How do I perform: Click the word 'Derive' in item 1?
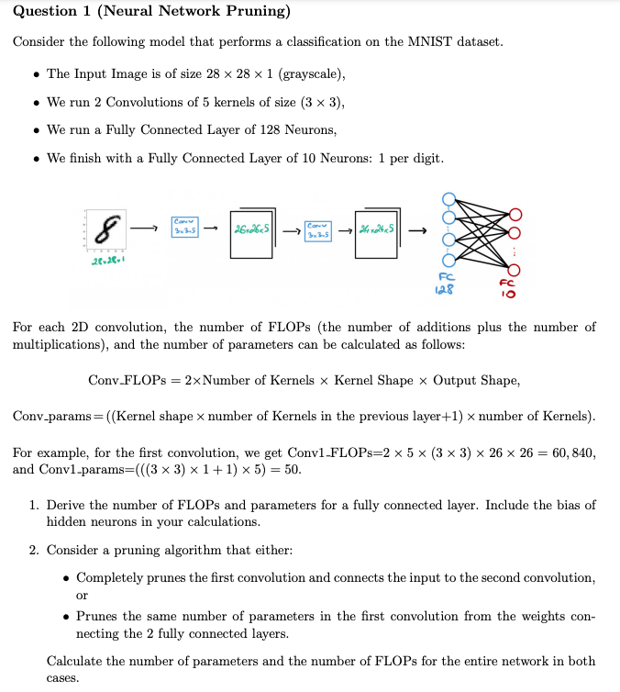coord(69,505)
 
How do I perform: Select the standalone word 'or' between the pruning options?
coord(82,596)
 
